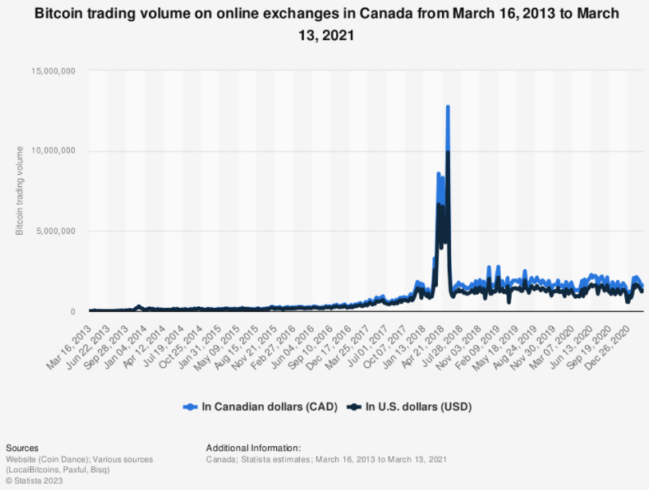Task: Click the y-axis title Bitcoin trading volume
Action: [19, 190]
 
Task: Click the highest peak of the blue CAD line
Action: [447, 106]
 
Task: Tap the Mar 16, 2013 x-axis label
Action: [71, 336]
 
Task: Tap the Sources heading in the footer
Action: [21, 448]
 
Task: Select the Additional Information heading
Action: [253, 448]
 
